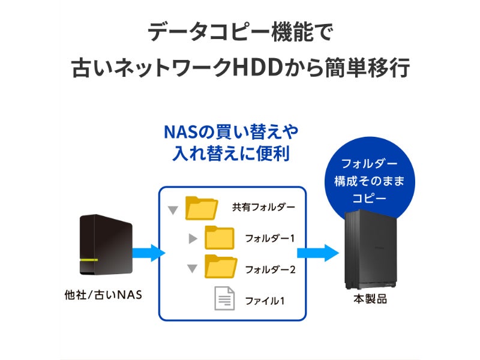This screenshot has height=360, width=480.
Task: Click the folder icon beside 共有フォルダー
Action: tap(202, 208)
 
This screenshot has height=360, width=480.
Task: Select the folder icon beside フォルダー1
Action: tap(220, 238)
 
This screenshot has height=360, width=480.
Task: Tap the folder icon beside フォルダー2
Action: tap(220, 267)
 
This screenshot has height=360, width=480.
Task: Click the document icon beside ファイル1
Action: tap(224, 298)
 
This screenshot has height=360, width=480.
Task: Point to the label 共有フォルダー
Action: tap(263, 208)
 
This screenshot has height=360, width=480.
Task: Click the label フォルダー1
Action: tap(269, 238)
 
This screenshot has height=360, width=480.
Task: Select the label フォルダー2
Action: tap(269, 269)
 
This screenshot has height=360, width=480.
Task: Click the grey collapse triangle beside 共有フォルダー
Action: tap(173, 210)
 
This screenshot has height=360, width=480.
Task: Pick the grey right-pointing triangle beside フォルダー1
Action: tap(193, 239)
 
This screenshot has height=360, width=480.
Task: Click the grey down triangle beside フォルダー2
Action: tap(193, 269)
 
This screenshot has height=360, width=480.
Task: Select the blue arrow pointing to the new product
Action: tap(319, 252)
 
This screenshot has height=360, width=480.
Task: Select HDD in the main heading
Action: tap(257, 67)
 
